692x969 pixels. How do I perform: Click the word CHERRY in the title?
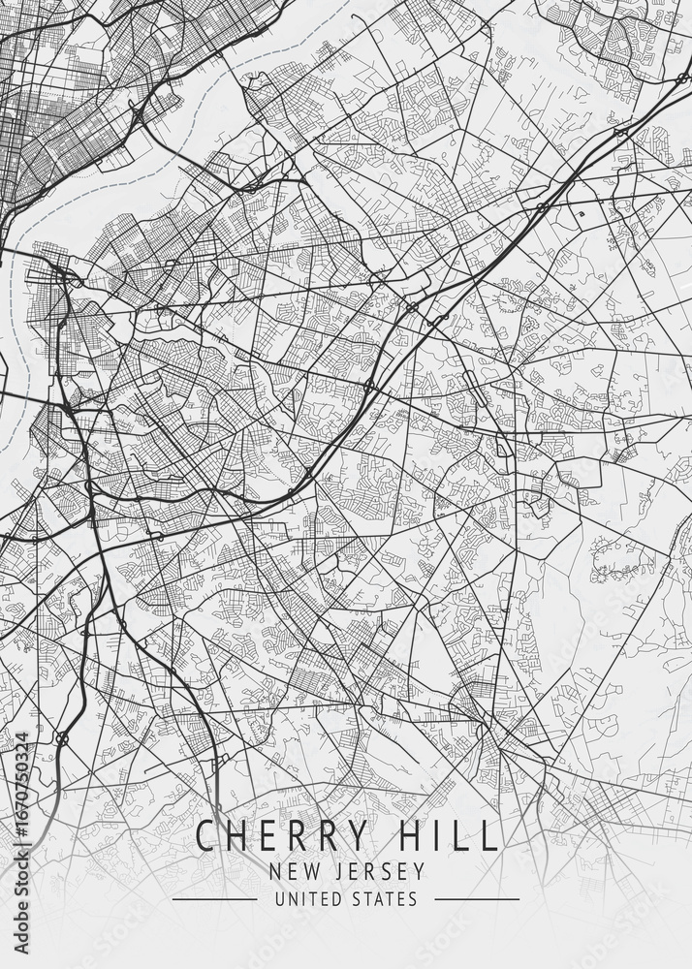pyautogui.click(x=282, y=835)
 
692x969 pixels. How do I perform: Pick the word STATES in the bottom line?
pyautogui.click(x=386, y=899)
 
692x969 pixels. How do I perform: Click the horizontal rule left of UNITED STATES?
pyautogui.click(x=214, y=899)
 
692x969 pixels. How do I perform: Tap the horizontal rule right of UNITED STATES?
pyautogui.click(x=476, y=899)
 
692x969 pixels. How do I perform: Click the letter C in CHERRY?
pyautogui.click(x=206, y=835)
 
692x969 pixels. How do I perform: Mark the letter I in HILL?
pyautogui.click(x=434, y=835)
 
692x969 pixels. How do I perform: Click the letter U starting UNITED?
pyautogui.click(x=279, y=899)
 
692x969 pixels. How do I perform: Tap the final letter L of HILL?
pyautogui.click(x=489, y=835)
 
